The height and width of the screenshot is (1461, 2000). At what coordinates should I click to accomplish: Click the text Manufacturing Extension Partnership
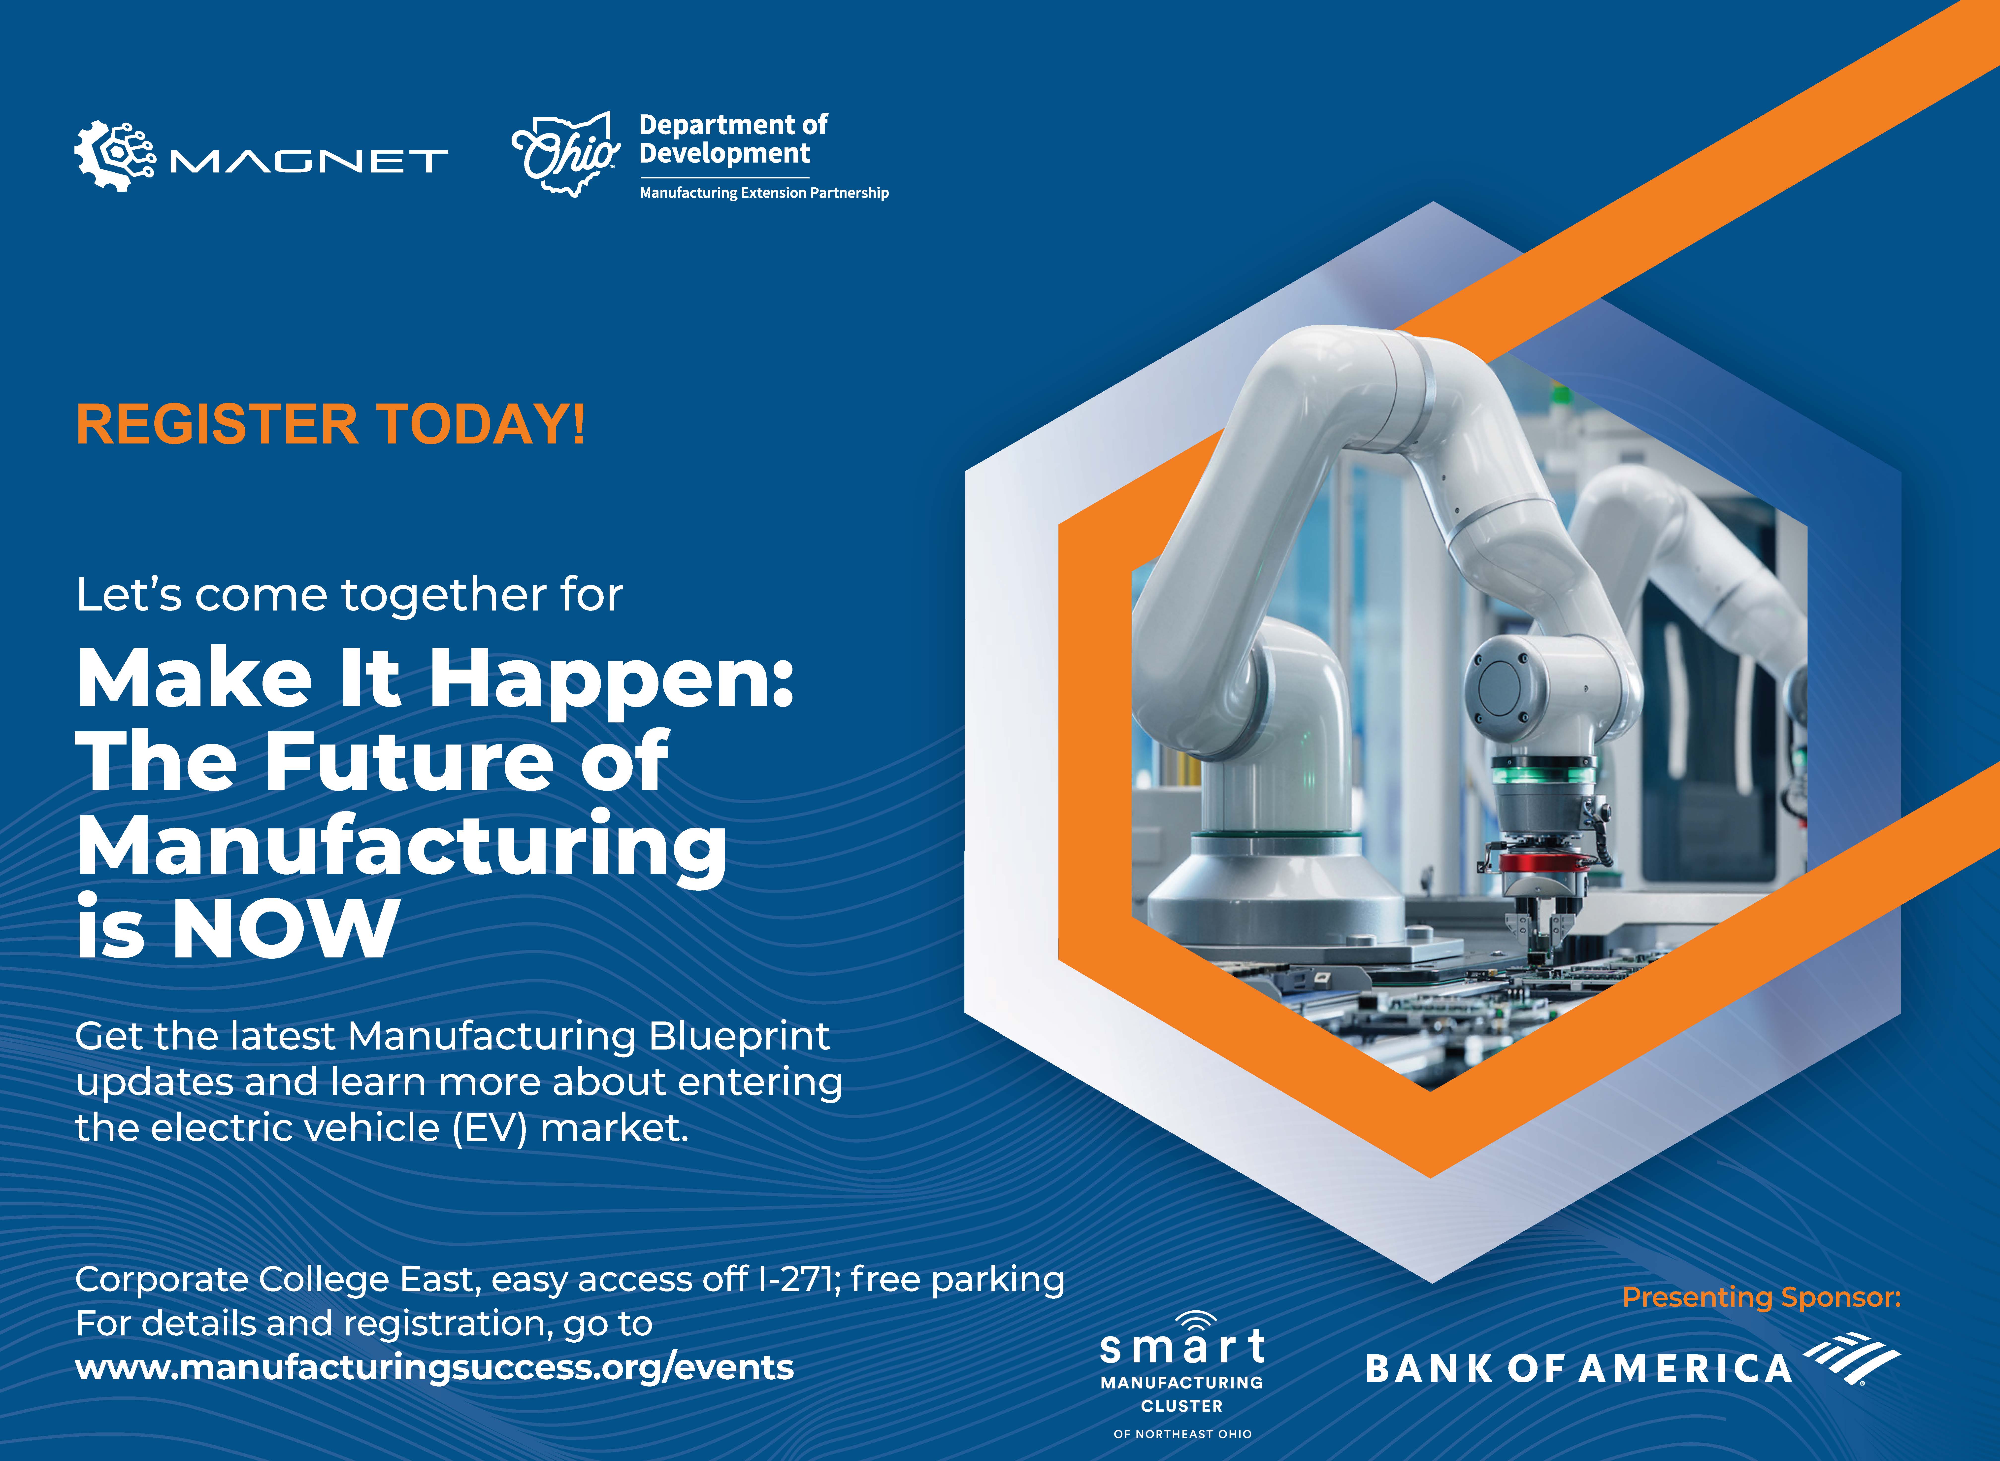coord(764,193)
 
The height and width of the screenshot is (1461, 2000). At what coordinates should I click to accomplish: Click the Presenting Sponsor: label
coord(1761,1297)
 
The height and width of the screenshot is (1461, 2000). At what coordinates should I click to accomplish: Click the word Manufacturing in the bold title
coord(402,847)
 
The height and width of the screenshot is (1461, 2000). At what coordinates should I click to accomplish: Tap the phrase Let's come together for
coord(349,594)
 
